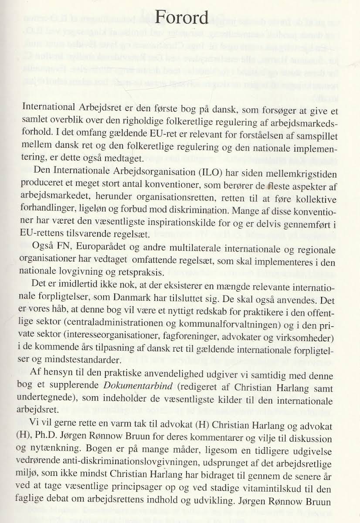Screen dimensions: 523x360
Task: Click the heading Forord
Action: click(183, 18)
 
